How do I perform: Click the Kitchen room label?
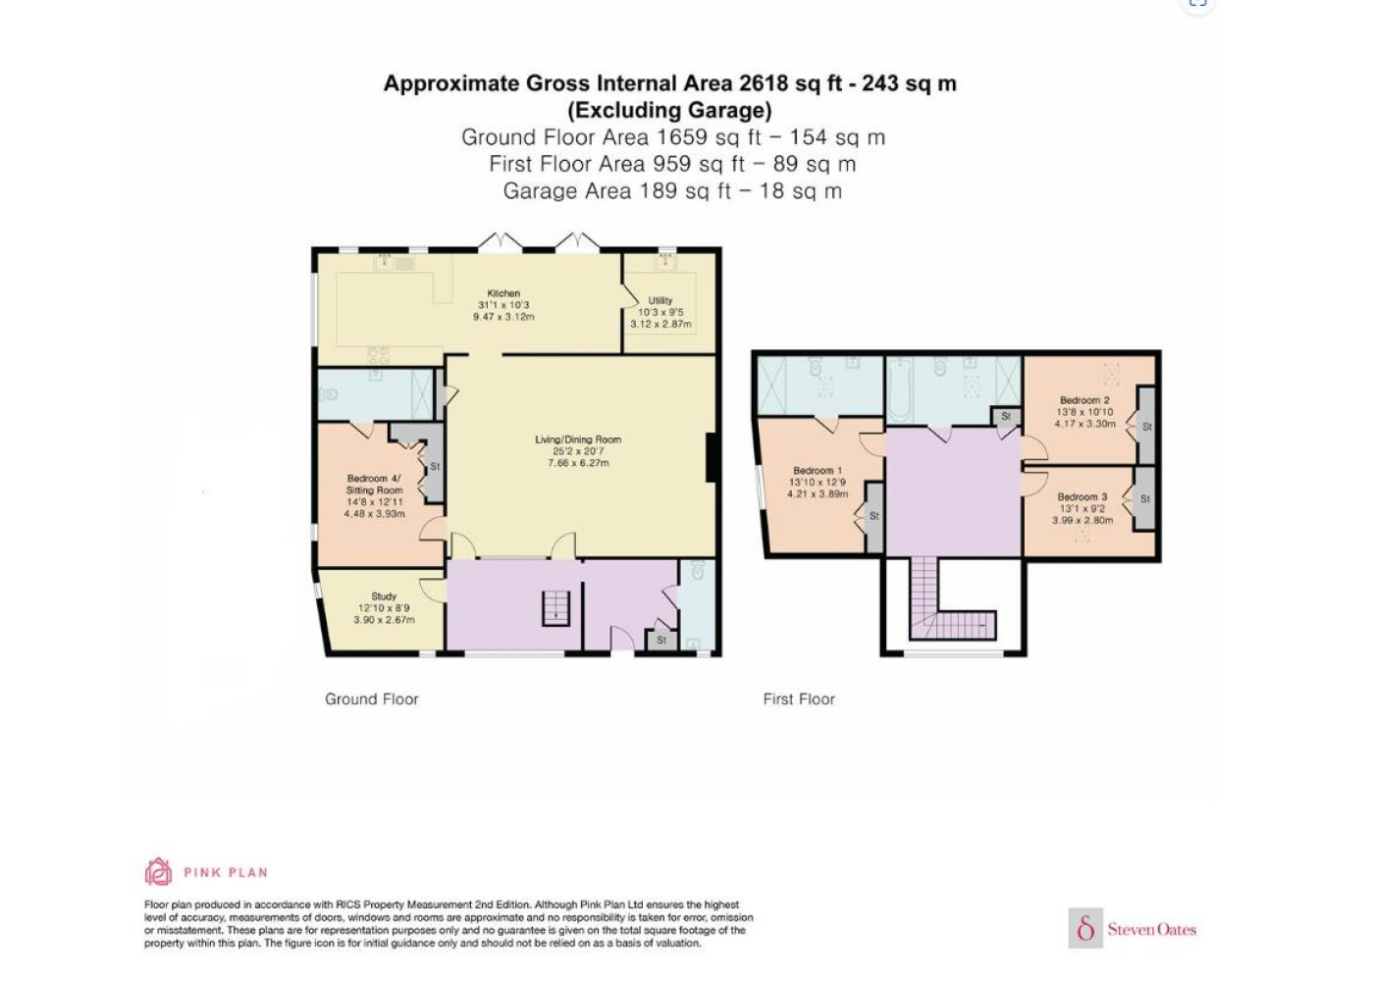pyautogui.click(x=503, y=293)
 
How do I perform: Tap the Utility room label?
pyautogui.click(x=660, y=300)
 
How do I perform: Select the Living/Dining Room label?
pyautogui.click(x=578, y=439)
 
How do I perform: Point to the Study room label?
pyautogui.click(x=384, y=596)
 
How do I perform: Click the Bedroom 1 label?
pyautogui.click(x=818, y=470)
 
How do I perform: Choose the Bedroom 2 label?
pyautogui.click(x=1084, y=400)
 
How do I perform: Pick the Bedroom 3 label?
pyautogui.click(x=1082, y=496)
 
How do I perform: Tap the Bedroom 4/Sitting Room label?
pyautogui.click(x=374, y=484)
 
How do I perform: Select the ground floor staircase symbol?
pyautogui.click(x=555, y=608)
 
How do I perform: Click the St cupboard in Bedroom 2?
pyautogui.click(x=1147, y=425)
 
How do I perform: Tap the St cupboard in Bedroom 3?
pyautogui.click(x=1144, y=498)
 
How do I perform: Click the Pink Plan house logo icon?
pyautogui.click(x=158, y=871)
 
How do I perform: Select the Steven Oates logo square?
pyautogui.click(x=1085, y=929)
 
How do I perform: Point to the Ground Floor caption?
pyautogui.click(x=372, y=698)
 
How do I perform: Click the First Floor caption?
pyautogui.click(x=799, y=698)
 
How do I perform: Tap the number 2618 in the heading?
pyautogui.click(x=764, y=83)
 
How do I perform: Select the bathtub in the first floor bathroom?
pyautogui.click(x=900, y=391)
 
